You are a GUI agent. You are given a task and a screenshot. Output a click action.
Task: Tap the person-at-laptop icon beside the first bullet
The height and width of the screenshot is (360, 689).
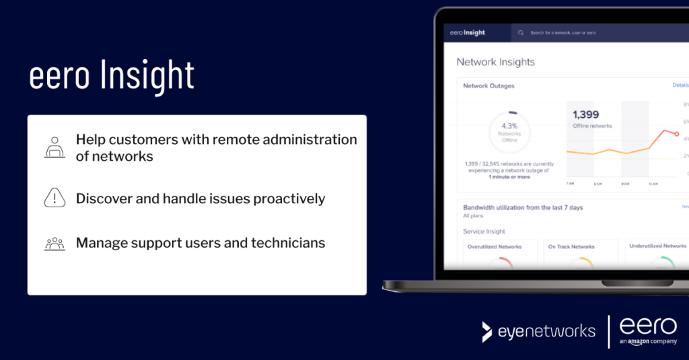55,147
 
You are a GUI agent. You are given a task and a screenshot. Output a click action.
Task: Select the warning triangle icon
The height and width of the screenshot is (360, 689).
55,198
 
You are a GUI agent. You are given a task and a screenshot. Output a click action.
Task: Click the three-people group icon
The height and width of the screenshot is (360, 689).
55,243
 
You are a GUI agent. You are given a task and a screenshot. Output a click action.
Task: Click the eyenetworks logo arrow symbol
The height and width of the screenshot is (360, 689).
487,331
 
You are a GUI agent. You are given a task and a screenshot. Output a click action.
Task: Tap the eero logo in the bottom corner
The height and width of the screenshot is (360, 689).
647,326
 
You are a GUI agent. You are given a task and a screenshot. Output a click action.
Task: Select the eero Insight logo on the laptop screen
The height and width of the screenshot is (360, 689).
464,32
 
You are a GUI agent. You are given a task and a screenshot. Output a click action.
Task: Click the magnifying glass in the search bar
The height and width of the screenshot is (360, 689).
521,32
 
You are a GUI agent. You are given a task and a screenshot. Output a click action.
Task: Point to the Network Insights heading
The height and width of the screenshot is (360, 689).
495,62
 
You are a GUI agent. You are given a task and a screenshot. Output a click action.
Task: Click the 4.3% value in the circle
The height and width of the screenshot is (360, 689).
509,125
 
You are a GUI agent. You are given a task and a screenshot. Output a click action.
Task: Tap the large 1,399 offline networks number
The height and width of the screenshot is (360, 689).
585,115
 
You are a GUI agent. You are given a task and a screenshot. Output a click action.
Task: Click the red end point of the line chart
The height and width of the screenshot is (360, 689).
677,134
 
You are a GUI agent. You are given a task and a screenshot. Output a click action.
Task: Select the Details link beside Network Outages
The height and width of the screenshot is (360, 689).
680,85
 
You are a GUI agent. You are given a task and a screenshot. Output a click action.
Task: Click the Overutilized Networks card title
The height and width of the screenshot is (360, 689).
495,246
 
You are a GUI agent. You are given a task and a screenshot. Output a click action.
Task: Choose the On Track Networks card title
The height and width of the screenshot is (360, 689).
571,246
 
